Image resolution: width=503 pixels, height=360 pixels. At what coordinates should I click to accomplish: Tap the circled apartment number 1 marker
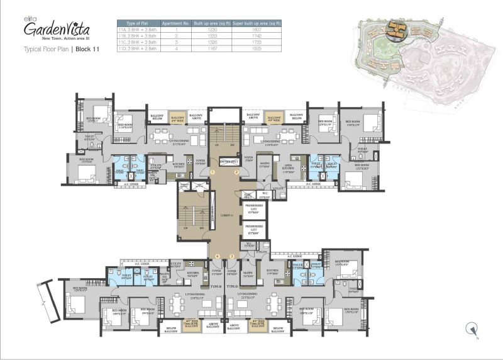(213, 171)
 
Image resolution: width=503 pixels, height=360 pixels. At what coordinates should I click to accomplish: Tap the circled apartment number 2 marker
(236, 171)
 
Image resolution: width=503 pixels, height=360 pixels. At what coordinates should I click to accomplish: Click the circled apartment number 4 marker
(217, 256)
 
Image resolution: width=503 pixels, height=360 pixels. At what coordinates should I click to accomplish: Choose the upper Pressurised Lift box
(254, 209)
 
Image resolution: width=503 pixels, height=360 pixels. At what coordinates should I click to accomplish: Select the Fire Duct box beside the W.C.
(248, 195)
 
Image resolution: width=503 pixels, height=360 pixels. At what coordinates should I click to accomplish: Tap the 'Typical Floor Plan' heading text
(46, 48)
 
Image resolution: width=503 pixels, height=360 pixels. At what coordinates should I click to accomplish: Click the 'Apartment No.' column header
(172, 23)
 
